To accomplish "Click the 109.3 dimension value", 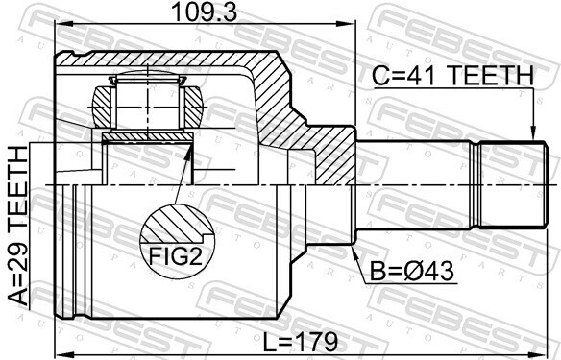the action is (x=205, y=12).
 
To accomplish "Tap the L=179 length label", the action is (x=300, y=342).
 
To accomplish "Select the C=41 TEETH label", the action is (x=453, y=76).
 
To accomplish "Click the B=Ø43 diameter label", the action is (x=411, y=272).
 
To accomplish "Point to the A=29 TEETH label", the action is (x=18, y=226).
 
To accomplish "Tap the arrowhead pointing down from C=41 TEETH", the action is (x=533, y=133).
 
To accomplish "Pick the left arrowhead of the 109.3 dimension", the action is (x=62, y=24).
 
